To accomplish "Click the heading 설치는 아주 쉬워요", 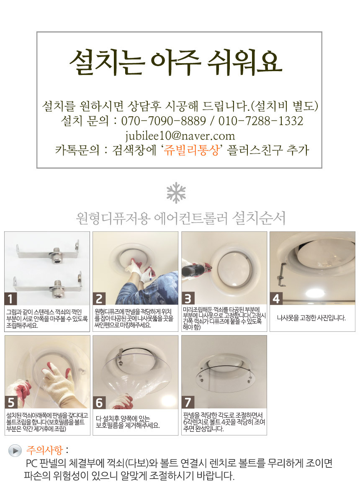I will point(176,63).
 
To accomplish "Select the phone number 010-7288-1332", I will point(260,121).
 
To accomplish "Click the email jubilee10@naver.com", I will point(180,136).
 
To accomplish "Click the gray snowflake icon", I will point(176,193).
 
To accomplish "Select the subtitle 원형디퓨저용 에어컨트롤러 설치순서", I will point(181,218).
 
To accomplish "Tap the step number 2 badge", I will point(99,299).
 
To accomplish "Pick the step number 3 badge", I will point(188,299).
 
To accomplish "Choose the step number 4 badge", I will point(276,299).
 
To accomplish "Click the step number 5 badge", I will point(11,403).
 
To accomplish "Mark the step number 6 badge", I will point(99,403).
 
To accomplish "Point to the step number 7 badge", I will point(188,403).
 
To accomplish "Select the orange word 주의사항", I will point(44,450).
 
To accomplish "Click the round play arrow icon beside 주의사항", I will point(15,451).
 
